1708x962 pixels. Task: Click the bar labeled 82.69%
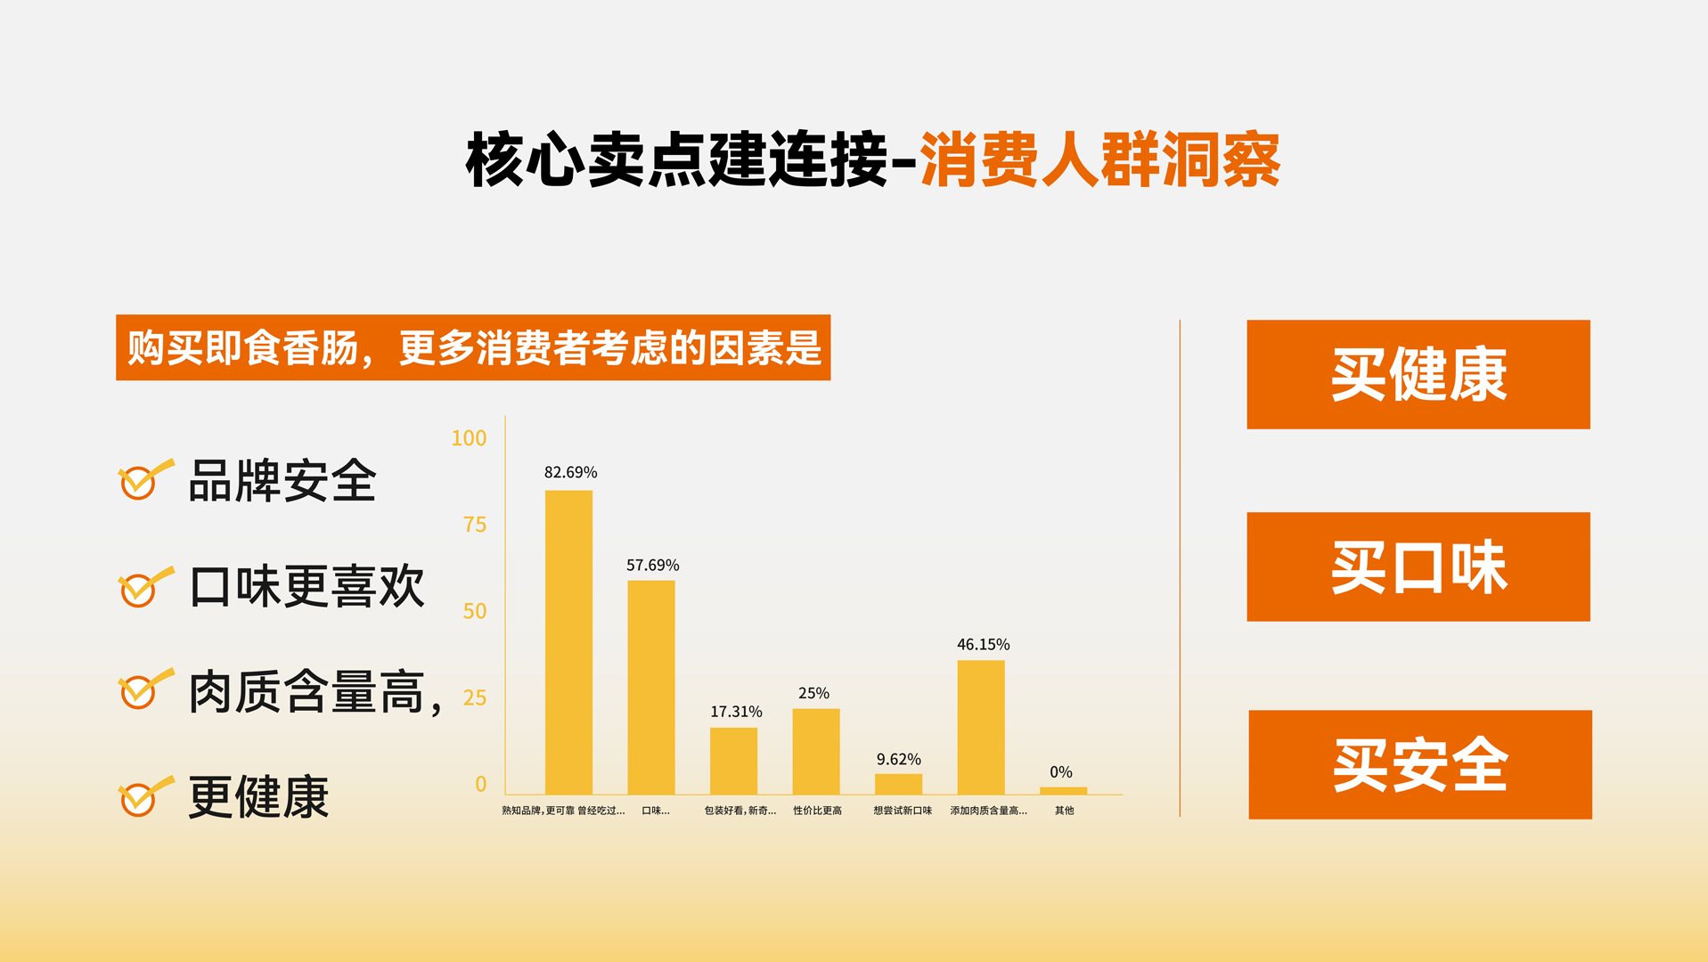click(568, 642)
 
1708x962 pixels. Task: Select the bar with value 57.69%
click(651, 688)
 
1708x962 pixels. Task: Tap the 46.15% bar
click(981, 728)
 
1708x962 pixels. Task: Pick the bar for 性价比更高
click(816, 752)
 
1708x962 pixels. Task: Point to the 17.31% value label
click(736, 712)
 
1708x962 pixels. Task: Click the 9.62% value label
click(898, 759)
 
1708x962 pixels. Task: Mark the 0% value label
click(1060, 772)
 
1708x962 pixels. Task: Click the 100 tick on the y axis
click(469, 438)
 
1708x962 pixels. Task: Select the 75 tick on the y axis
click(475, 525)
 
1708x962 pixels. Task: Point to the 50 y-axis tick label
click(475, 611)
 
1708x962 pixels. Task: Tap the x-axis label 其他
click(1064, 811)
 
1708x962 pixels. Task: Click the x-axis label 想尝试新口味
click(903, 811)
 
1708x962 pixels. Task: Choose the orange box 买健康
click(1418, 374)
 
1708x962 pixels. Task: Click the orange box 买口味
click(1418, 567)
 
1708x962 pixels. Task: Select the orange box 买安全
click(1420, 764)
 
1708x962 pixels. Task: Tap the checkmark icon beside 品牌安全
click(145, 479)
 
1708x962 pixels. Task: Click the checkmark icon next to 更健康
click(145, 795)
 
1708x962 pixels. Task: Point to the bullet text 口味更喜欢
click(306, 587)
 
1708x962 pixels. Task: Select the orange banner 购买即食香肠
click(473, 347)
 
